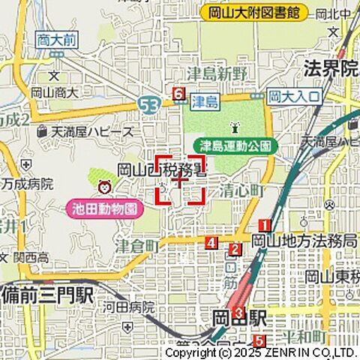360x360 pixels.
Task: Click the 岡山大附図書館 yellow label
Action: point(255,13)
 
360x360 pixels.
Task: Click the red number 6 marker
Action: point(178,94)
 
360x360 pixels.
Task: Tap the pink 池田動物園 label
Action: point(106,208)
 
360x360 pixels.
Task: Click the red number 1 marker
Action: point(265,225)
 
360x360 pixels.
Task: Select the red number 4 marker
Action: point(212,243)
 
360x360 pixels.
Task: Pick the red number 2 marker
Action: point(235,250)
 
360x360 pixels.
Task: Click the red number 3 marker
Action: point(238,313)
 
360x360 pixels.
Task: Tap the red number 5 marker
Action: point(258,341)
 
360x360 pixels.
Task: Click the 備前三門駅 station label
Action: point(46,294)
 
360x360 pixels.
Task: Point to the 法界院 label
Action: point(331,69)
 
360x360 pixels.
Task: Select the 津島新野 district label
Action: point(222,72)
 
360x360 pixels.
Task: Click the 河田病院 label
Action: point(128,307)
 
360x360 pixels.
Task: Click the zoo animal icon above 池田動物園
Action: point(104,185)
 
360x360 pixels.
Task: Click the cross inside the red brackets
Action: point(180,180)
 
